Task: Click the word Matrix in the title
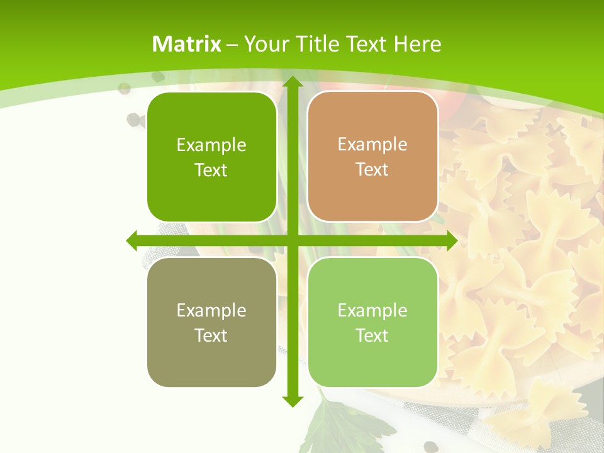pyautogui.click(x=187, y=44)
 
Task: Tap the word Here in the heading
pyautogui.click(x=418, y=44)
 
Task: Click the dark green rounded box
pyautogui.click(x=211, y=157)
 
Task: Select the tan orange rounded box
pyautogui.click(x=372, y=157)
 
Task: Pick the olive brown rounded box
pyautogui.click(x=211, y=322)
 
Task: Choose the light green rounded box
pyautogui.click(x=372, y=322)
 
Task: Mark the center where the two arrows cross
pyautogui.click(x=292, y=240)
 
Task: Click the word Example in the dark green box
pyautogui.click(x=211, y=145)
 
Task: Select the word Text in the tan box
pyautogui.click(x=372, y=170)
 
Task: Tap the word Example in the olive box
pyautogui.click(x=211, y=311)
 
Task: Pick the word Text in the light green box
pyautogui.click(x=372, y=335)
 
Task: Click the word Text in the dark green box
pyautogui.click(x=211, y=171)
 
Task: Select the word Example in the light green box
pyautogui.click(x=372, y=310)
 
